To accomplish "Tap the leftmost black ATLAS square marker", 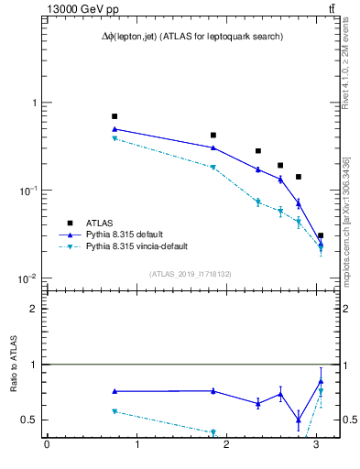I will pos(115,116).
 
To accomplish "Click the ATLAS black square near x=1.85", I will pos(213,135).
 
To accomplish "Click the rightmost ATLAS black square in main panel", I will pos(321,235).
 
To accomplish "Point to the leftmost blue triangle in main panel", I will pos(115,129).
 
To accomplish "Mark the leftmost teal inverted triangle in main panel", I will pos(115,138).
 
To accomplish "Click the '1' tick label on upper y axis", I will pos(34,103).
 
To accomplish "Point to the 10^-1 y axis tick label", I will pos(30,191).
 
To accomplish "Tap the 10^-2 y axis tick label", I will pos(30,278).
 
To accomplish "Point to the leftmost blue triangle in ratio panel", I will pos(115,391).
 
